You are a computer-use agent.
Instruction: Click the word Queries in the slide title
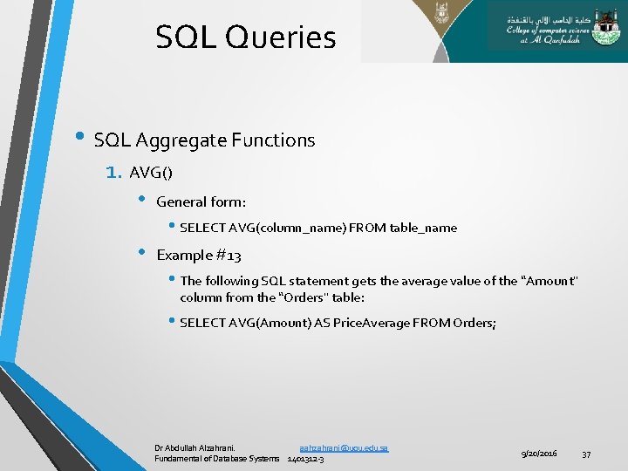[x=282, y=38]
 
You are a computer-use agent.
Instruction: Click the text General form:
[x=201, y=201]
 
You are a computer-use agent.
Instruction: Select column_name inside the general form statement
[x=303, y=228]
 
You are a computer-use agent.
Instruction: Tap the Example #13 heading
[x=198, y=256]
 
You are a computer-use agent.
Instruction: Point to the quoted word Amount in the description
[x=549, y=281]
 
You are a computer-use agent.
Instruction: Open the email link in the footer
[x=344, y=447]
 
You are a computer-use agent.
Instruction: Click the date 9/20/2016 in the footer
[x=539, y=454]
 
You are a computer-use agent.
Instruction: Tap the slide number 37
[x=586, y=454]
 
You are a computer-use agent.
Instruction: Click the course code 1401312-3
[x=305, y=459]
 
